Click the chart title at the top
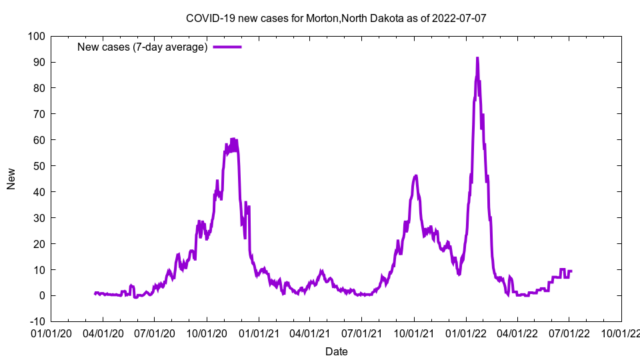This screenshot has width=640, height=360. point(336,18)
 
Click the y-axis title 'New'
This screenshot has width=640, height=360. point(11,179)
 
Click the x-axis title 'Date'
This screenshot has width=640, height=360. point(336,351)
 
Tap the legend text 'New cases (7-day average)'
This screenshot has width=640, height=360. point(143,47)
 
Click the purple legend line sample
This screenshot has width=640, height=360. point(227,47)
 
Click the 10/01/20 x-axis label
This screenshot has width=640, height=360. point(206,332)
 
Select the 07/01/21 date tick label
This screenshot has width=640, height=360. point(361,332)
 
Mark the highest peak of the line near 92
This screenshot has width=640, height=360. point(477,58)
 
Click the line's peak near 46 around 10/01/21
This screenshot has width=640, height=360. point(415,176)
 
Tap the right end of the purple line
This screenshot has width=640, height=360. point(571,271)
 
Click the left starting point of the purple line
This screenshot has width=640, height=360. point(95,293)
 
